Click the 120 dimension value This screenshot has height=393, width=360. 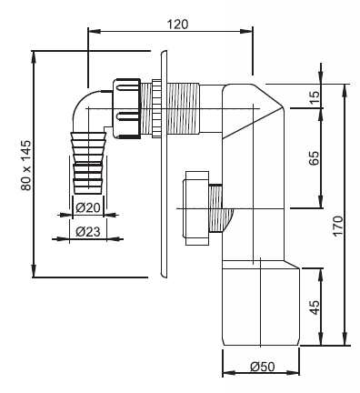(178, 25)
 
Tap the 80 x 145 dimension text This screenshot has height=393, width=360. (26, 165)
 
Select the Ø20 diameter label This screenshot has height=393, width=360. (88, 207)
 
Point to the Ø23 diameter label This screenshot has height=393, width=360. (88, 232)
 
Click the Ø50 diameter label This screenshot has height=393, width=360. (263, 367)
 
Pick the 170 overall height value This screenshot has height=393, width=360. (338, 226)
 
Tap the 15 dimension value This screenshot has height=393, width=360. (315, 97)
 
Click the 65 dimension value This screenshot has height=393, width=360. (315, 157)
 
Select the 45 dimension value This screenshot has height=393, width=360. (315, 307)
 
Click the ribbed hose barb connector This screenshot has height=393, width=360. (88, 163)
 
